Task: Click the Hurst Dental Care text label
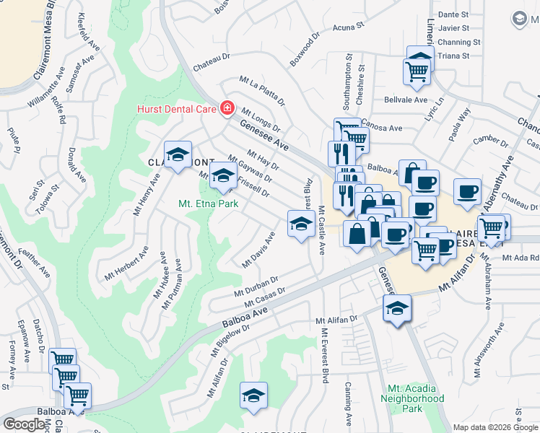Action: [177, 109]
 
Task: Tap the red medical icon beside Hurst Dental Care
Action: [227, 108]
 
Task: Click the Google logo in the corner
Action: [25, 424]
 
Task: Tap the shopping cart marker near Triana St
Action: [418, 71]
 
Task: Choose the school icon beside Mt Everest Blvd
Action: [300, 223]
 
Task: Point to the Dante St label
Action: [453, 14]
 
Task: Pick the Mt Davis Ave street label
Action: [258, 250]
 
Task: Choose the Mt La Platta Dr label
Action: [263, 92]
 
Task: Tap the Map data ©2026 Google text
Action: [495, 427]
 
